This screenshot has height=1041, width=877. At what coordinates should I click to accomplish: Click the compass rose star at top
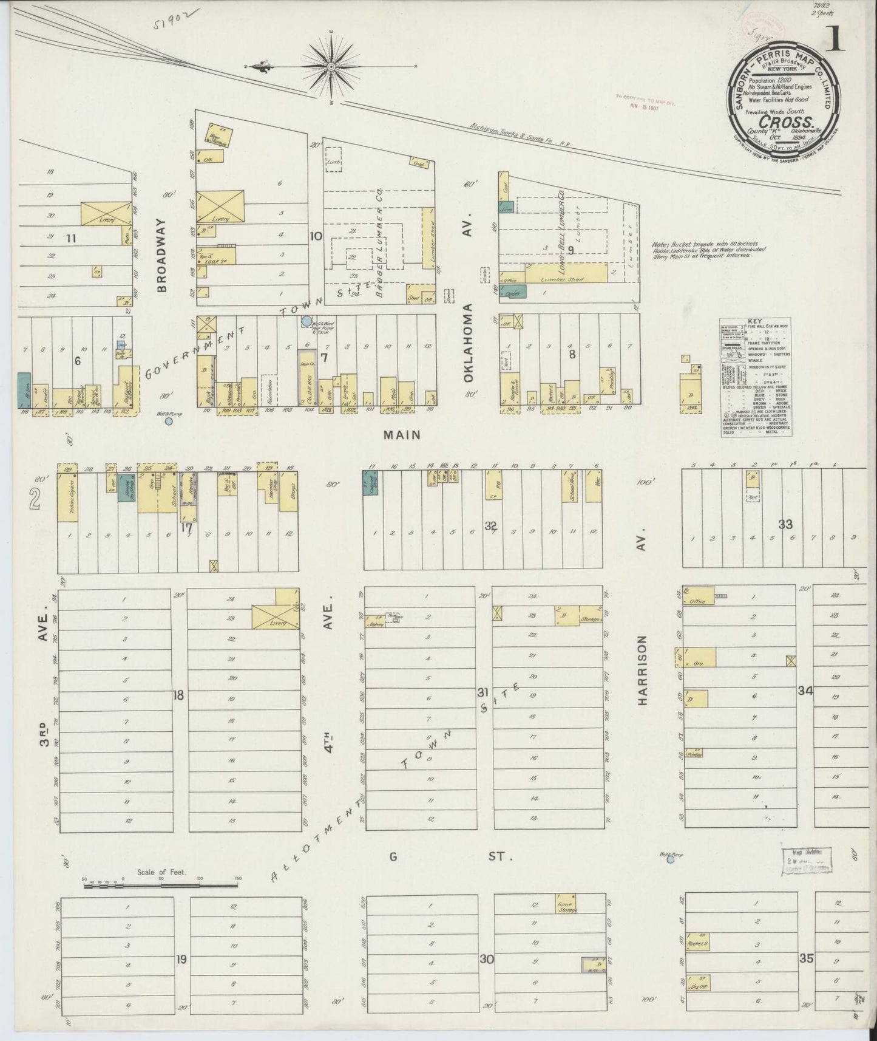[332, 65]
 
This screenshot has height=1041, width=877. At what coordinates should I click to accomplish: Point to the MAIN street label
[401, 435]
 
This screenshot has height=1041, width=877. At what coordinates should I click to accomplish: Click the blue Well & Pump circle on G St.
[670, 859]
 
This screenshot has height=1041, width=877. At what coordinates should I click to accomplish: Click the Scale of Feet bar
[161, 886]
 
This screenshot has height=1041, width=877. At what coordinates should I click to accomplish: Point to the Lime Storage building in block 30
[566, 903]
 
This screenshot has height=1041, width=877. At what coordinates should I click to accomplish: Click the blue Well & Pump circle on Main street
[168, 421]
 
